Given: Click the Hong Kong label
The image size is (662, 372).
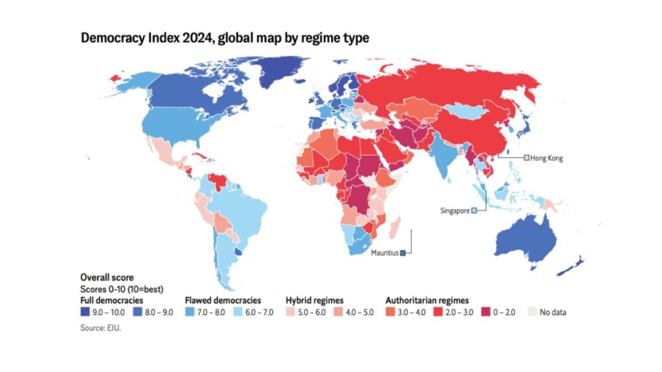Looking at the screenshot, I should [547, 158].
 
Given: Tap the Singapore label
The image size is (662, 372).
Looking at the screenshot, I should [454, 211].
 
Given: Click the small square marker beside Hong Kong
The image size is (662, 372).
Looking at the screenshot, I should [527, 158].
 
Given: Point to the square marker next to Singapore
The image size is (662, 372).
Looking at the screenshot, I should [474, 211].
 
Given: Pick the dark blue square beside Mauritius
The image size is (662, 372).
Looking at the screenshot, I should [402, 253].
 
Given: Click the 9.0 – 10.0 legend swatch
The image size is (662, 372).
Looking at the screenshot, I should [84, 313].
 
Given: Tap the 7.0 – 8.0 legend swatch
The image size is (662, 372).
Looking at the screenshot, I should [189, 313].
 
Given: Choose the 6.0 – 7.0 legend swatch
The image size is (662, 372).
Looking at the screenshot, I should [237, 313].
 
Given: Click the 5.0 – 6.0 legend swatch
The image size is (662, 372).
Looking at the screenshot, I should [290, 313].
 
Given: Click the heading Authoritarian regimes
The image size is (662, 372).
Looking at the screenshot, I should [427, 300].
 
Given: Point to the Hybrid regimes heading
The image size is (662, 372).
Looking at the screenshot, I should [314, 300].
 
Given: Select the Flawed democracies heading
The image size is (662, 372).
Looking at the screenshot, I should [223, 300].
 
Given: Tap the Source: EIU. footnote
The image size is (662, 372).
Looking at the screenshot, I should [101, 327].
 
